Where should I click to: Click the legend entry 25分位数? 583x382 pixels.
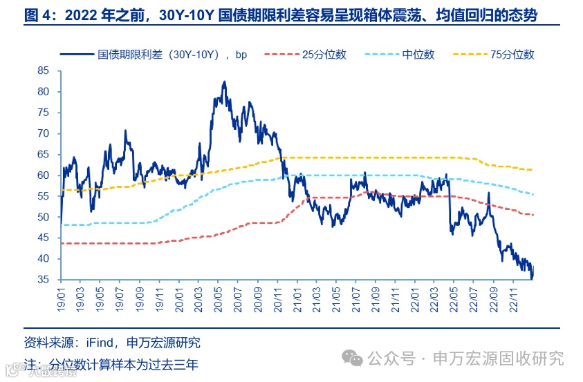point(324,55)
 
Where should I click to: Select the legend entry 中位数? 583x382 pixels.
point(418,55)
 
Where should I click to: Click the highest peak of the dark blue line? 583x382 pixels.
point(224,82)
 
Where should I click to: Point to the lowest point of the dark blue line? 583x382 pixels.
point(532,278)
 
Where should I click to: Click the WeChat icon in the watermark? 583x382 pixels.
point(354,358)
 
